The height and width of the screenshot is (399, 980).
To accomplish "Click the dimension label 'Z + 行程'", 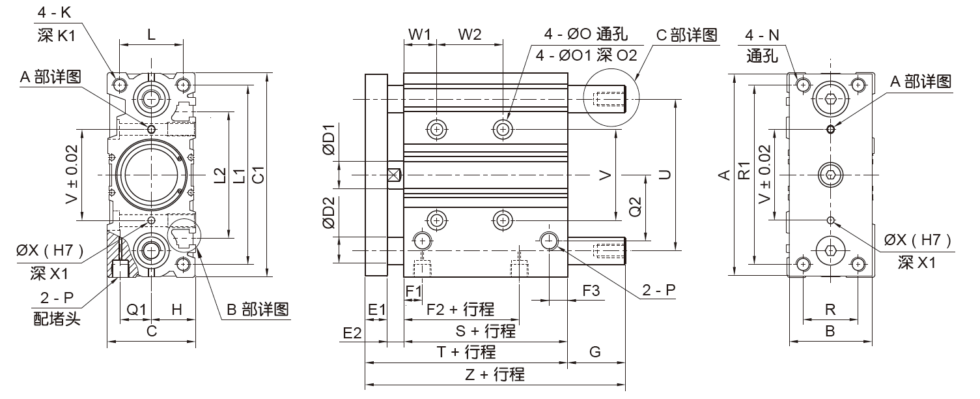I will point(495,375).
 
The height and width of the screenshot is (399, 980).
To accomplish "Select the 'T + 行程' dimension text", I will point(466,352).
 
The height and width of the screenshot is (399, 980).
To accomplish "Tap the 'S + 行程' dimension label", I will point(486,331).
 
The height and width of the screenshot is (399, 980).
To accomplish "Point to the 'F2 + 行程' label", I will point(460,309).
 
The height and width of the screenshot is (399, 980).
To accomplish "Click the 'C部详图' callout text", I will point(686,35).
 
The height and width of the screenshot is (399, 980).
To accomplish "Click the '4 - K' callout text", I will point(56,12).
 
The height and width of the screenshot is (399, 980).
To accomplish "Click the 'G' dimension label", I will point(595,352).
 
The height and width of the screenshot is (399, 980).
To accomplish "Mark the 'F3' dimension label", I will point(591,291).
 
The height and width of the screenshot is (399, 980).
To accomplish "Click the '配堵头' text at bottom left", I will point(56,320).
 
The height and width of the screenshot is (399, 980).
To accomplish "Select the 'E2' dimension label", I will point(352,332).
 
